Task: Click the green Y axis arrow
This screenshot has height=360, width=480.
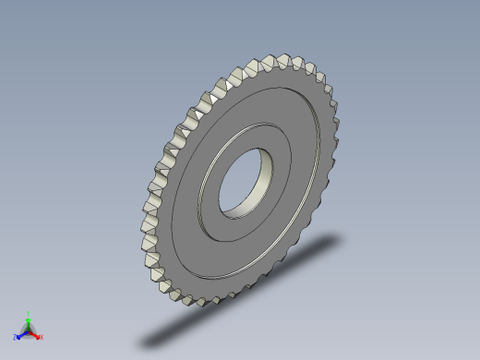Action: pos(28,320)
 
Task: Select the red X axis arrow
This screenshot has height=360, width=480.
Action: pos(36,333)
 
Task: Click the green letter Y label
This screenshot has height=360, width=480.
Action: pos(28,313)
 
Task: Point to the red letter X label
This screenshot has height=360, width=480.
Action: pos(42,337)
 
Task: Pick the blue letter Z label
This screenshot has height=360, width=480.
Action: pos(16,338)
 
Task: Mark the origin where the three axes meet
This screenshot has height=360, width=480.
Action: pos(28,330)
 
